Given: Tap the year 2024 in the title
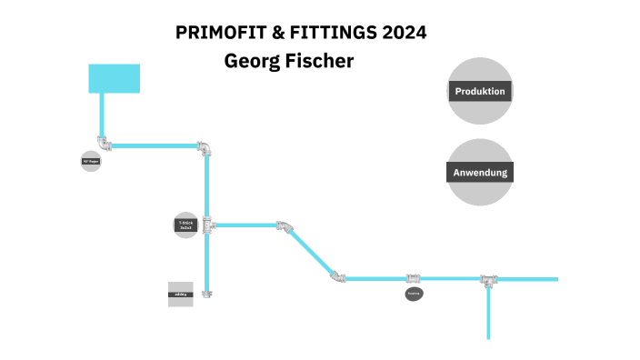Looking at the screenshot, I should coord(405,33).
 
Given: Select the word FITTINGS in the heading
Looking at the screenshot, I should coord(329,33).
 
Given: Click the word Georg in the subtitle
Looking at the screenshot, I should coord(251,61).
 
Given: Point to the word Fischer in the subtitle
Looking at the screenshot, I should coord(318,61).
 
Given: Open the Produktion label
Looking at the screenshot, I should coord(480,91).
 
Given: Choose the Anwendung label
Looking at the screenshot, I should coord(480,172).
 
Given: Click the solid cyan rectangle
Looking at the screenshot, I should coord(114,78).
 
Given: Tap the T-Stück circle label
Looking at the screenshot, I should coord(185,225).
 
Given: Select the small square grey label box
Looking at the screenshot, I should coord(181,295).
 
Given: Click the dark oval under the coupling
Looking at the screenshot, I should coord(414,294).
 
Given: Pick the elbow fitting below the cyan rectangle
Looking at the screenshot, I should coord(105,144).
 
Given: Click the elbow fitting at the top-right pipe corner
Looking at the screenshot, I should coord(206,146).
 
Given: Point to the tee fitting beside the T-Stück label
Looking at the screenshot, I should coord(207,225).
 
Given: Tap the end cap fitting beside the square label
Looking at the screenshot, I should coord(207,294).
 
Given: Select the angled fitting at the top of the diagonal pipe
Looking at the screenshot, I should coord(285,225).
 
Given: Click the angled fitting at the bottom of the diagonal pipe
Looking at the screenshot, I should coord(337,276).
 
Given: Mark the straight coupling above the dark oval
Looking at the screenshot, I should coord(414,278).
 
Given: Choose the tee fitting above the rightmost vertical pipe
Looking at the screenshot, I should coord(489,279).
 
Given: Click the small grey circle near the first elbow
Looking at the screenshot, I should coord(91,162).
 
